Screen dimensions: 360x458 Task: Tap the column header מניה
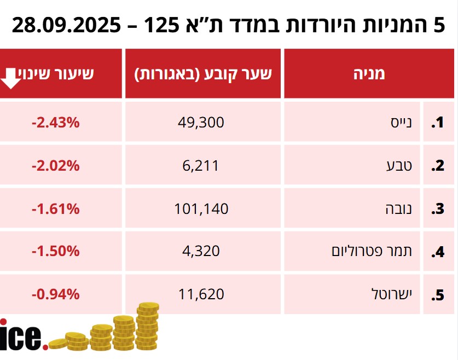pyautogui.click(x=369, y=74)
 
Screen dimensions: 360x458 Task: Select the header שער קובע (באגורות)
pyautogui.click(x=203, y=74)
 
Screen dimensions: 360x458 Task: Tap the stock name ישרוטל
pyautogui.click(x=391, y=294)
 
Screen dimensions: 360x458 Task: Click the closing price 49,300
pyautogui.click(x=201, y=123)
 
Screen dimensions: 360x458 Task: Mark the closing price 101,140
pyautogui.click(x=201, y=208)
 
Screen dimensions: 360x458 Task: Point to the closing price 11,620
pyautogui.click(x=201, y=294)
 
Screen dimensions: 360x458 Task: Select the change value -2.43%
pyautogui.click(x=56, y=123)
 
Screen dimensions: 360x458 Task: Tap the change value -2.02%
pyautogui.click(x=56, y=165)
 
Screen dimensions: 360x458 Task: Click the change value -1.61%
pyautogui.click(x=56, y=208)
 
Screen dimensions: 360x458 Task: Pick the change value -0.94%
pyautogui.click(x=56, y=294)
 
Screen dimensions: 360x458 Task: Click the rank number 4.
pyautogui.click(x=437, y=252)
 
